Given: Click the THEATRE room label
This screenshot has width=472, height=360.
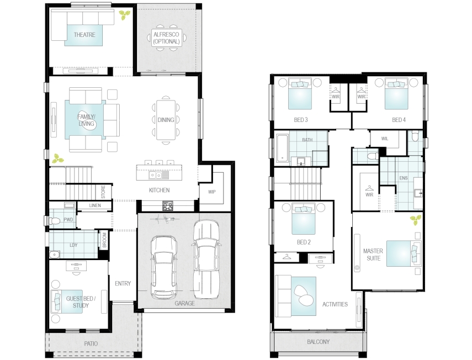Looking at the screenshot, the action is pyautogui.click(x=84, y=35).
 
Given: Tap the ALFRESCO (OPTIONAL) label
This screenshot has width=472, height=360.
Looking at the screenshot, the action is pyautogui.click(x=166, y=38).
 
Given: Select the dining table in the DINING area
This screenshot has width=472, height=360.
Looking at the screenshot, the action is pyautogui.click(x=166, y=120).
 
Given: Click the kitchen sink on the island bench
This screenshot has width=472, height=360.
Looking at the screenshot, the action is pyautogui.click(x=155, y=175).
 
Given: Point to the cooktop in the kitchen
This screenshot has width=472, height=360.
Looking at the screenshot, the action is pyautogui.click(x=167, y=206).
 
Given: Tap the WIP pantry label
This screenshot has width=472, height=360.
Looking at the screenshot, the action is pyautogui.click(x=211, y=192).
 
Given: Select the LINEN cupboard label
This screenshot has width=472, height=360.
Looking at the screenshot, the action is pyautogui.click(x=95, y=205).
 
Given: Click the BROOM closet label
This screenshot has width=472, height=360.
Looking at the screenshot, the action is pyautogui.click(x=104, y=240).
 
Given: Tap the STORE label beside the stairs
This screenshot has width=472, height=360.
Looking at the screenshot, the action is pyautogui.click(x=103, y=192).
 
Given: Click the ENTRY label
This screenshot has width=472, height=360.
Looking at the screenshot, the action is pyautogui.click(x=123, y=284).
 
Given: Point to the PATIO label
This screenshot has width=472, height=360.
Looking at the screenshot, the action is pyautogui.click(x=91, y=343).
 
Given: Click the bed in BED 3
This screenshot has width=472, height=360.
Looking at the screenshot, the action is pyautogui.click(x=300, y=94).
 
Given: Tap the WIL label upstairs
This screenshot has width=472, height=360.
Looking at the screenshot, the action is pyautogui.click(x=385, y=139).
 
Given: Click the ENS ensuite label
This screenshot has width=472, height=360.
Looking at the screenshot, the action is pyautogui.click(x=404, y=178).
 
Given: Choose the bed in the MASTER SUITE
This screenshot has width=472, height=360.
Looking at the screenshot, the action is pyautogui.click(x=404, y=253).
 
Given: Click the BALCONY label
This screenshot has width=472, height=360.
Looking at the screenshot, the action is pyautogui.click(x=318, y=342).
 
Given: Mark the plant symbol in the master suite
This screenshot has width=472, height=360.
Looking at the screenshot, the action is pyautogui.click(x=416, y=220).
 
